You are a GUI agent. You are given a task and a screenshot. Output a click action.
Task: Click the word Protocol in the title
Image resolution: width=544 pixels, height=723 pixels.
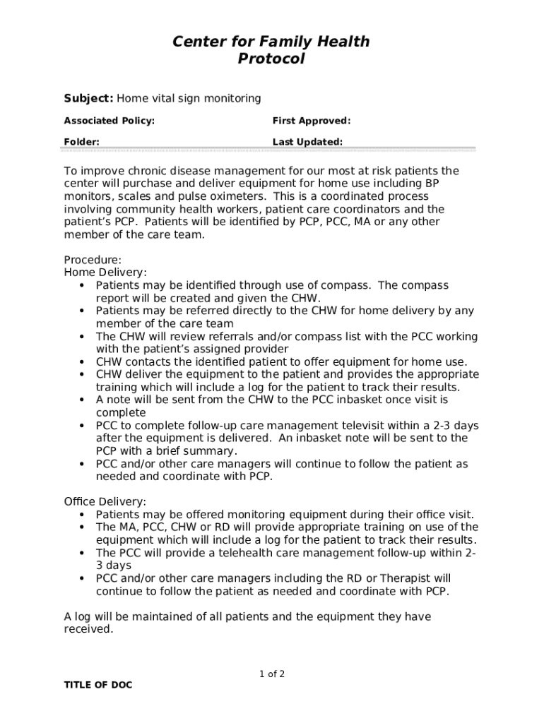(x=271, y=59)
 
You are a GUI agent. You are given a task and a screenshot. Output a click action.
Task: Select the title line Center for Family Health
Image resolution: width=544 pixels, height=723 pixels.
(x=271, y=42)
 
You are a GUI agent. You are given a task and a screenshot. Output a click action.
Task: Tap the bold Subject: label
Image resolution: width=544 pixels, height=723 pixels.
(x=88, y=98)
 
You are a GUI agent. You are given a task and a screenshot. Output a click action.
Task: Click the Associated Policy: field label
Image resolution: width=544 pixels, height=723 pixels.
(x=110, y=121)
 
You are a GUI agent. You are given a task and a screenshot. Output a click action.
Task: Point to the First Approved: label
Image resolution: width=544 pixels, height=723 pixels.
(x=312, y=121)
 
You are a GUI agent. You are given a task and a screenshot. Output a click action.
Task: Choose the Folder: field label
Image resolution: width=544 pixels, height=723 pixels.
(x=82, y=142)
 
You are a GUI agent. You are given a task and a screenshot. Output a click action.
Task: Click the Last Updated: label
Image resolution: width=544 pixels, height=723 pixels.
(x=308, y=142)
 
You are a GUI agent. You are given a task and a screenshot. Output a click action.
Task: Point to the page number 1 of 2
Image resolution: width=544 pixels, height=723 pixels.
(x=272, y=674)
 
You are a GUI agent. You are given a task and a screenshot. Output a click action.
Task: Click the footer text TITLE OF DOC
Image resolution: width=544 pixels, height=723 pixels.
(x=98, y=686)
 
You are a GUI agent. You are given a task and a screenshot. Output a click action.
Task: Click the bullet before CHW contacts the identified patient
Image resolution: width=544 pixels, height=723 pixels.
(x=83, y=362)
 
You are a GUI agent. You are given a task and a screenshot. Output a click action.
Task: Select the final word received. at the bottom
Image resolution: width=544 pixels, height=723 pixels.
(x=88, y=629)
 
